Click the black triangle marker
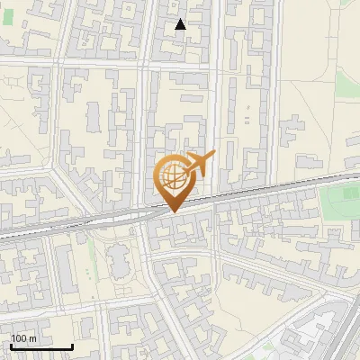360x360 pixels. pyautogui.click(x=181, y=25)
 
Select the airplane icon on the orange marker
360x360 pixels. pyautogui.click(x=200, y=163)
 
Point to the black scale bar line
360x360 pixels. pyautogui.click(x=41, y=346)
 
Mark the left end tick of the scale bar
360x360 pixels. pyautogui.click(x=12, y=345)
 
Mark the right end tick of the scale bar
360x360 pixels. pyautogui.click(x=72, y=345)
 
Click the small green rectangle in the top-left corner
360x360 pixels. pyautogui.click(x=8, y=16)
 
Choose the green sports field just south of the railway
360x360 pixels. pyautogui.click(x=340, y=200)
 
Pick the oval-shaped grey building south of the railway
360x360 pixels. pyautogui.click(x=118, y=262)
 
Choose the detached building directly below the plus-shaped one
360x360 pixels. pyautogui.click(x=309, y=162)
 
